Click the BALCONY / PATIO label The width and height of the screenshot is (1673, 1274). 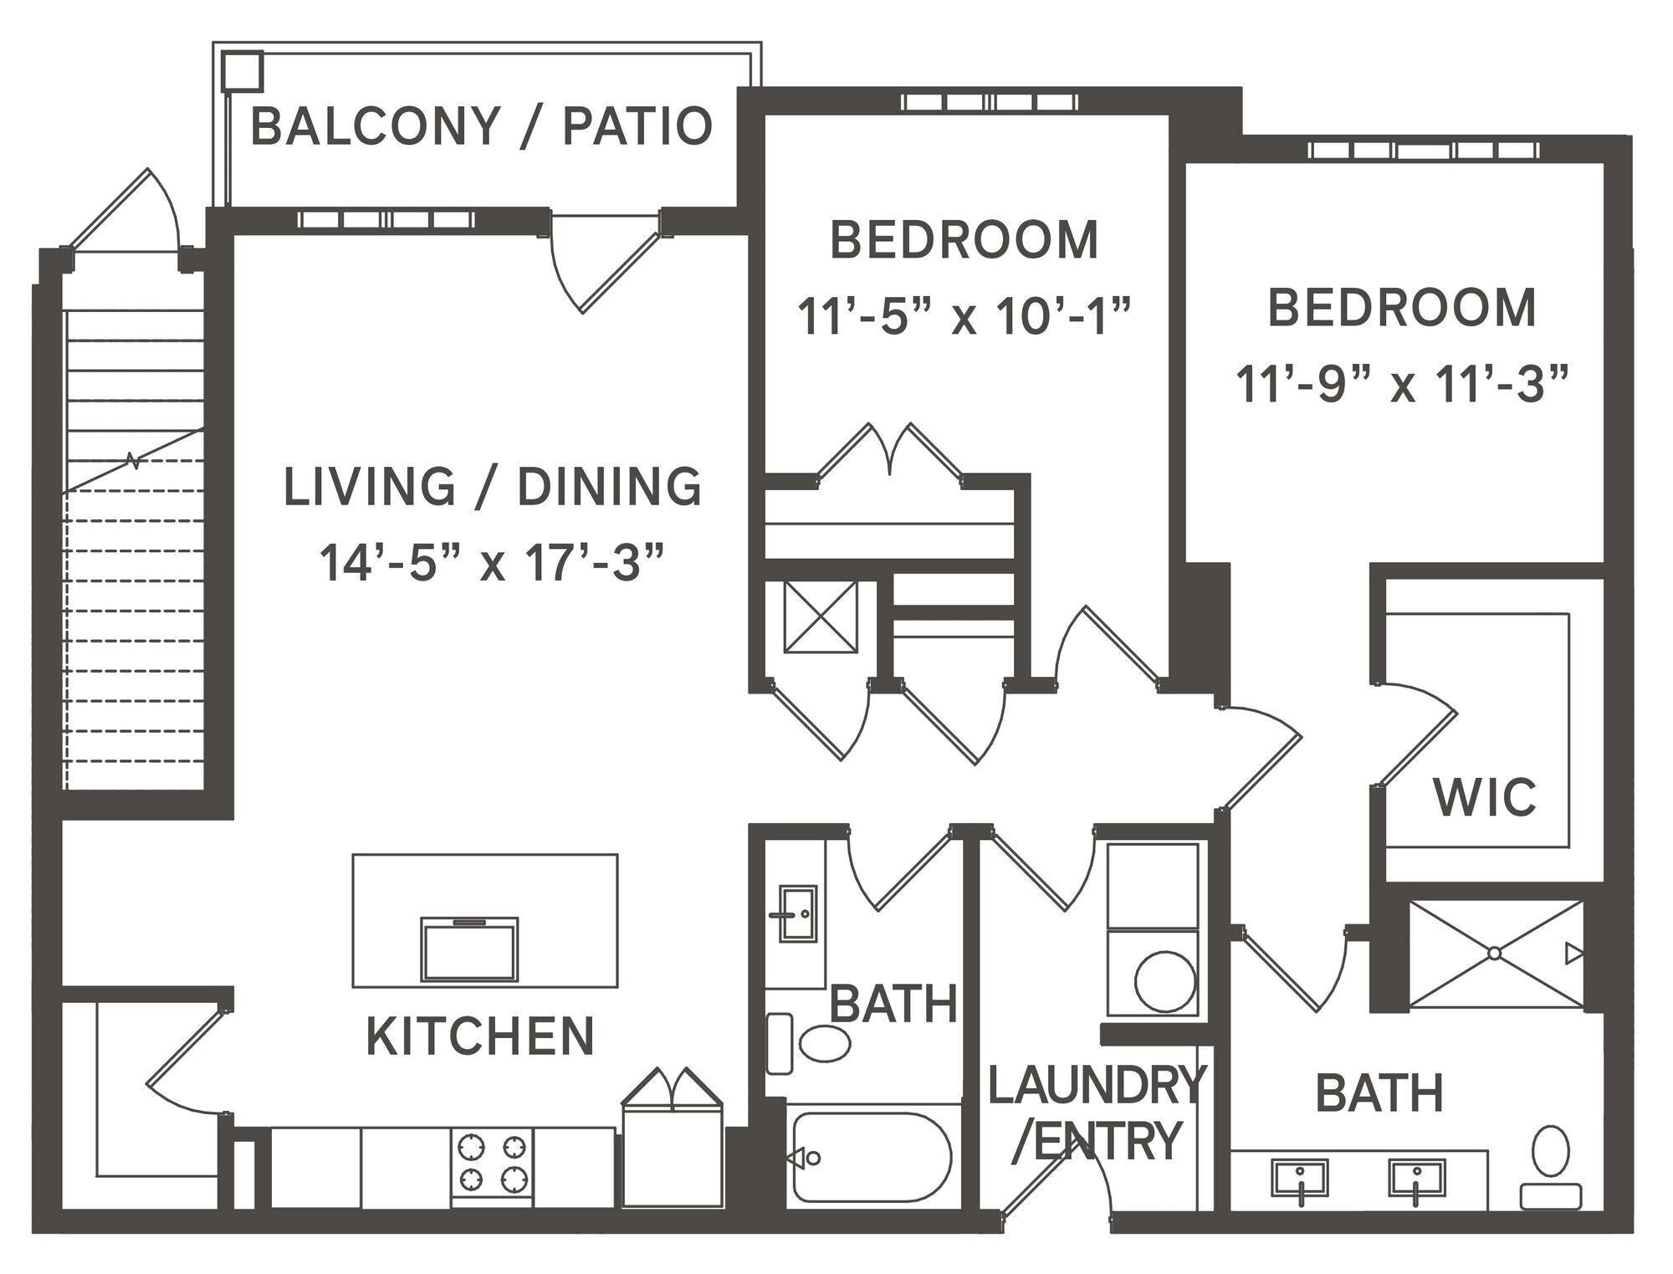pos(481,127)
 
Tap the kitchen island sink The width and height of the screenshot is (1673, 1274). pos(469,949)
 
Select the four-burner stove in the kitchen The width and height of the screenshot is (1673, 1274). pos(492,1163)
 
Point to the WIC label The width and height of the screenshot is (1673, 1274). pos(1485,797)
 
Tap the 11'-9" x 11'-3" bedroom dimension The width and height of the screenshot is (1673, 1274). pos(1401,385)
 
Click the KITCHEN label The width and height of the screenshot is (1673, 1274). pos(480,1036)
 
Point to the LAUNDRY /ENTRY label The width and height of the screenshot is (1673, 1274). pos(1096,1113)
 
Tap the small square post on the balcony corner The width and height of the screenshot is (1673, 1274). pos(243,71)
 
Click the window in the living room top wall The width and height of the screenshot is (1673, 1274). pos(386,220)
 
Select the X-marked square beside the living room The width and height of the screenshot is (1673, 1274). pos(821,617)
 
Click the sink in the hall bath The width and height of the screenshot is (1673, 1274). pos(797,913)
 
